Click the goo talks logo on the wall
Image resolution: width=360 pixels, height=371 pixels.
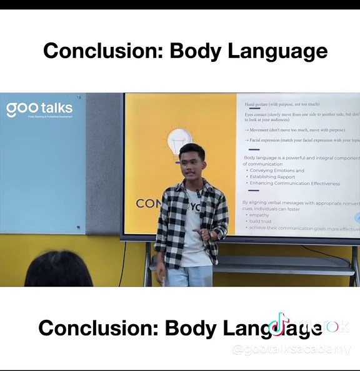(x=39, y=109)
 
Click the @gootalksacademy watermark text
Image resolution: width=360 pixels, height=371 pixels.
(x=291, y=349)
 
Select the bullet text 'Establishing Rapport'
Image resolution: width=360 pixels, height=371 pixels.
(x=272, y=177)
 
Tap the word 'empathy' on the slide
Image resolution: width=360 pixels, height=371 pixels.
(x=259, y=215)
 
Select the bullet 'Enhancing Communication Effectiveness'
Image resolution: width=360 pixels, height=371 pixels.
(x=294, y=184)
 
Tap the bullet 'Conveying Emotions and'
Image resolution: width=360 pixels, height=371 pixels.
(x=277, y=170)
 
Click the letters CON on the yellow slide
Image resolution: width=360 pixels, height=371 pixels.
(x=149, y=204)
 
